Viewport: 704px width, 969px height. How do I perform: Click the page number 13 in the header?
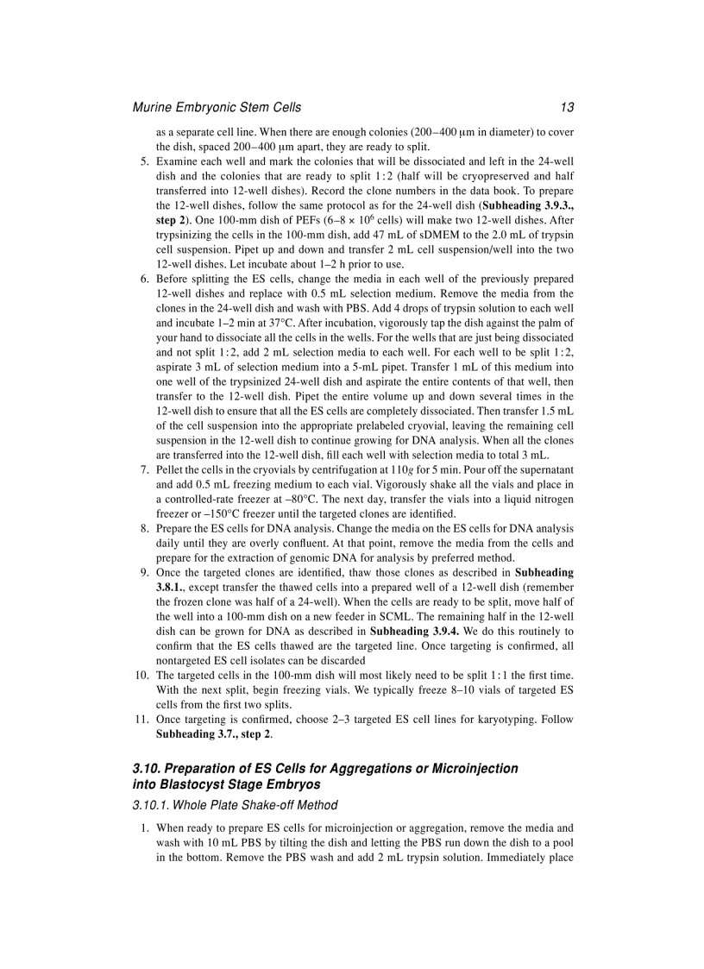click(566, 108)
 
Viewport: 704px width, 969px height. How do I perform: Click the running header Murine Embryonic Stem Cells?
click(217, 108)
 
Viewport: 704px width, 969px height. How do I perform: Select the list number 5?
click(144, 161)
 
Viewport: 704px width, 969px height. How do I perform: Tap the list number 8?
click(144, 529)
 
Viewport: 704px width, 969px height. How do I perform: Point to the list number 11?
click(141, 719)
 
